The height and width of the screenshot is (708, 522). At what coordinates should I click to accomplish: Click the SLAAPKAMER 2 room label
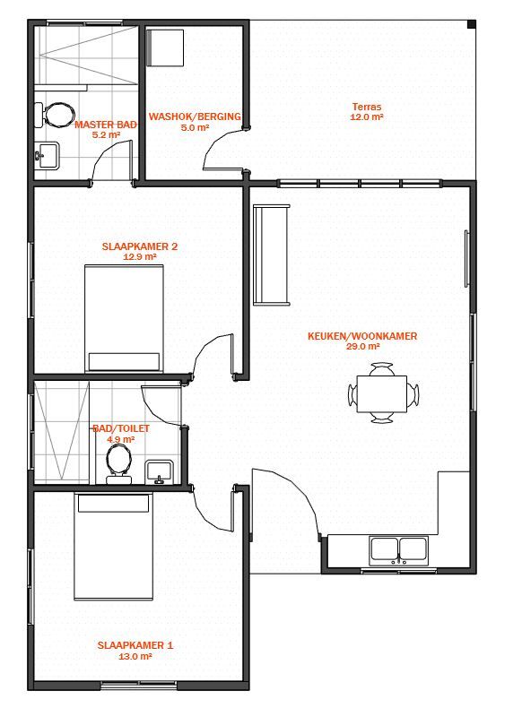pos(140,246)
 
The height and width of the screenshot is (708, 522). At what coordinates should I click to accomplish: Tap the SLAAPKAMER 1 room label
pos(135,645)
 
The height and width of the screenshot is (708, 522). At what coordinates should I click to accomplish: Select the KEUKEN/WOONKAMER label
pos(362,336)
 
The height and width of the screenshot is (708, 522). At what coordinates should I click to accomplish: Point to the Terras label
pos(367,107)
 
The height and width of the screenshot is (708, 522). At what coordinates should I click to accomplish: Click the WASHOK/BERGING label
pos(195,117)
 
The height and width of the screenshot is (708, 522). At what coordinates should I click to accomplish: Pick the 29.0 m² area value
pos(362,346)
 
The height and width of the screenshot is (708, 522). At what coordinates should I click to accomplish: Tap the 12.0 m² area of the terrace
pos(367,117)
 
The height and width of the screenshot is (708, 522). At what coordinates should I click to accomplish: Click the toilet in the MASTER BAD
pos(54,115)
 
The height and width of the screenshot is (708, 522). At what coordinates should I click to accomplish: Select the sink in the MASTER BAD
pos(47,155)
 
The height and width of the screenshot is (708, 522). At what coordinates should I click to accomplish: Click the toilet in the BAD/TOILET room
pos(119,463)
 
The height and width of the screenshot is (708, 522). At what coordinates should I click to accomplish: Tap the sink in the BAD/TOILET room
pos(159,472)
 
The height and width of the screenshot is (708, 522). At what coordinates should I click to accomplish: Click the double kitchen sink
pos(398,551)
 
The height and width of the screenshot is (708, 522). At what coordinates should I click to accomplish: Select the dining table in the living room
pos(382,393)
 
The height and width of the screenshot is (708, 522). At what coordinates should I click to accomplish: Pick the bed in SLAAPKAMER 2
pos(125,319)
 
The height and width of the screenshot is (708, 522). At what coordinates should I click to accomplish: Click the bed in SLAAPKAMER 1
pos(113,547)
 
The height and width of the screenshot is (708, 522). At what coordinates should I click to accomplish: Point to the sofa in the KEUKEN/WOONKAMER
pos(271,255)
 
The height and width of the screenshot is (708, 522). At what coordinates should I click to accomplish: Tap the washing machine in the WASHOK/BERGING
pos(164,47)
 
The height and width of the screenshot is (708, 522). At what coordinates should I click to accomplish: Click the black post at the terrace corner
pos(472,24)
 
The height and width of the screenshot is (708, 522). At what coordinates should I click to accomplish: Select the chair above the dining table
pos(382,369)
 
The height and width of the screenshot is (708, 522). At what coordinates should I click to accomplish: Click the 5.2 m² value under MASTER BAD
pos(106,134)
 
